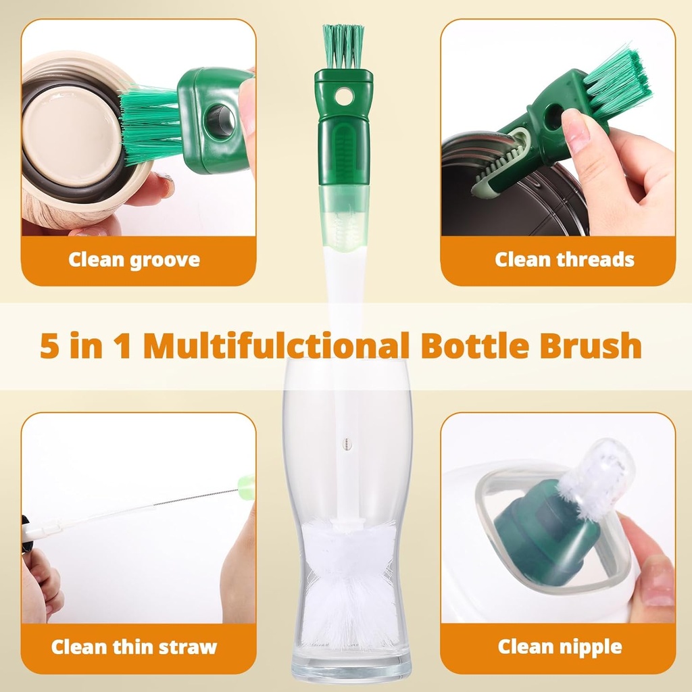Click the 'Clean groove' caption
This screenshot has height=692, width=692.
tap(134, 260)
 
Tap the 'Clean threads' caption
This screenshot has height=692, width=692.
tap(564, 259)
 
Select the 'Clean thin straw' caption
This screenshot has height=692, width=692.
tap(134, 647)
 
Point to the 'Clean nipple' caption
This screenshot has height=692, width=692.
tap(560, 647)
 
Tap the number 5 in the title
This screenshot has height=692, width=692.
tap(49, 346)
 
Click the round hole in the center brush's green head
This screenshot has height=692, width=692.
tap(343, 97)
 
